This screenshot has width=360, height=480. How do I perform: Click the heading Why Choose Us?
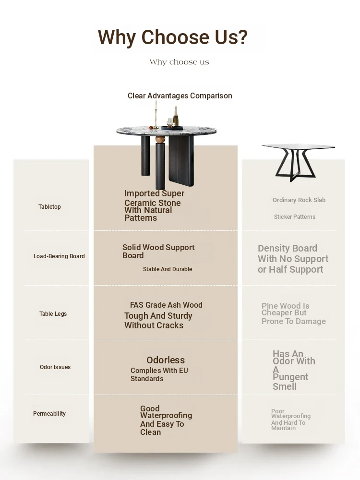[172, 37]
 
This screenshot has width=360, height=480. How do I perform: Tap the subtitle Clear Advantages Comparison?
[180, 96]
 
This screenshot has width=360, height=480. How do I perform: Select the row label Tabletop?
[49, 206]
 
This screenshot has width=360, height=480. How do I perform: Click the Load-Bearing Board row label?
[59, 256]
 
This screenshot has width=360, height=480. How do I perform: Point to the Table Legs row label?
[53, 314]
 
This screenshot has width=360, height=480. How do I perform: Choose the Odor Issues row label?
[55, 367]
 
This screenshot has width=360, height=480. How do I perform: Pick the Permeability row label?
[49, 414]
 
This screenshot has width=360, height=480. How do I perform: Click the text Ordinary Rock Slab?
[299, 200]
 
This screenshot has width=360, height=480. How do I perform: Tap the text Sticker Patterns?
[295, 217]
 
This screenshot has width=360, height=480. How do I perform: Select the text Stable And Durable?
[168, 269]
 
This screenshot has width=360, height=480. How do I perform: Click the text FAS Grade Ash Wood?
[166, 305]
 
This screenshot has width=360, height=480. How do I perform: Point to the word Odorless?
[166, 360]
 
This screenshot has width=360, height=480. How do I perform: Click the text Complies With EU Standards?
[159, 374]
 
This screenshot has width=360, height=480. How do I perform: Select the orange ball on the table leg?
[160, 140]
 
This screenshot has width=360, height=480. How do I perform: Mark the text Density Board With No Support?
[293, 253]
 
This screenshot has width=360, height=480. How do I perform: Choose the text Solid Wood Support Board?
[158, 252]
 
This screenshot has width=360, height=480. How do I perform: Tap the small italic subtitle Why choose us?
[180, 62]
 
